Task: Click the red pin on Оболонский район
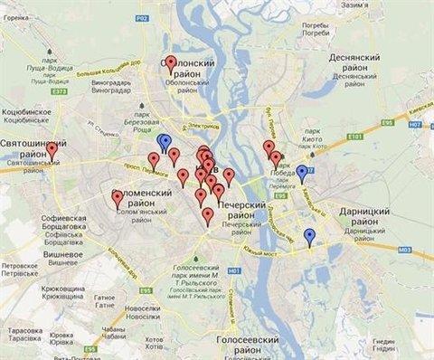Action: click(x=171, y=63)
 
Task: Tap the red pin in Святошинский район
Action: click(x=52, y=150)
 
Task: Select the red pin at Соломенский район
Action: click(x=118, y=198)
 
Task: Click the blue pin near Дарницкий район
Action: click(x=310, y=236)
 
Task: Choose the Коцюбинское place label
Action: click(x=24, y=118)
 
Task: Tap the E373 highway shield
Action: click(x=60, y=65)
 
